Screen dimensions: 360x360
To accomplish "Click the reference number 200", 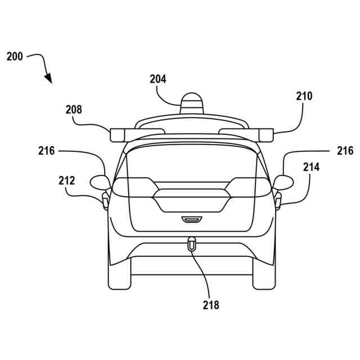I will pyautogui.click(x=15, y=57).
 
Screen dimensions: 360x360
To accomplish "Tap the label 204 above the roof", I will pyautogui.click(x=158, y=79).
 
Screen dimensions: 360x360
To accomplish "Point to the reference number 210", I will pyautogui.click(x=304, y=96).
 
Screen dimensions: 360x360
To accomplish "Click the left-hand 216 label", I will pyautogui.click(x=47, y=151).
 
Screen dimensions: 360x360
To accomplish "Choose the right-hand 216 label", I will pyautogui.click(x=345, y=151).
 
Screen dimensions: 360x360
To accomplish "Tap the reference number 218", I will pyautogui.click(x=211, y=305).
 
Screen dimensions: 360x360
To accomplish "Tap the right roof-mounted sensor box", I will pyautogui.click(x=264, y=134).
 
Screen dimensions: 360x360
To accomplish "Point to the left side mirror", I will pyautogui.click(x=100, y=182).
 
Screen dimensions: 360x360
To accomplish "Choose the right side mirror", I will pyautogui.click(x=283, y=182).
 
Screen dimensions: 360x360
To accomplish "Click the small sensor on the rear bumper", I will pyautogui.click(x=192, y=244).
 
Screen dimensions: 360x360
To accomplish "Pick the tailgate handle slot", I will pyautogui.click(x=192, y=218).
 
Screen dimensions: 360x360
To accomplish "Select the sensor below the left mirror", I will pyautogui.click(x=105, y=200).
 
